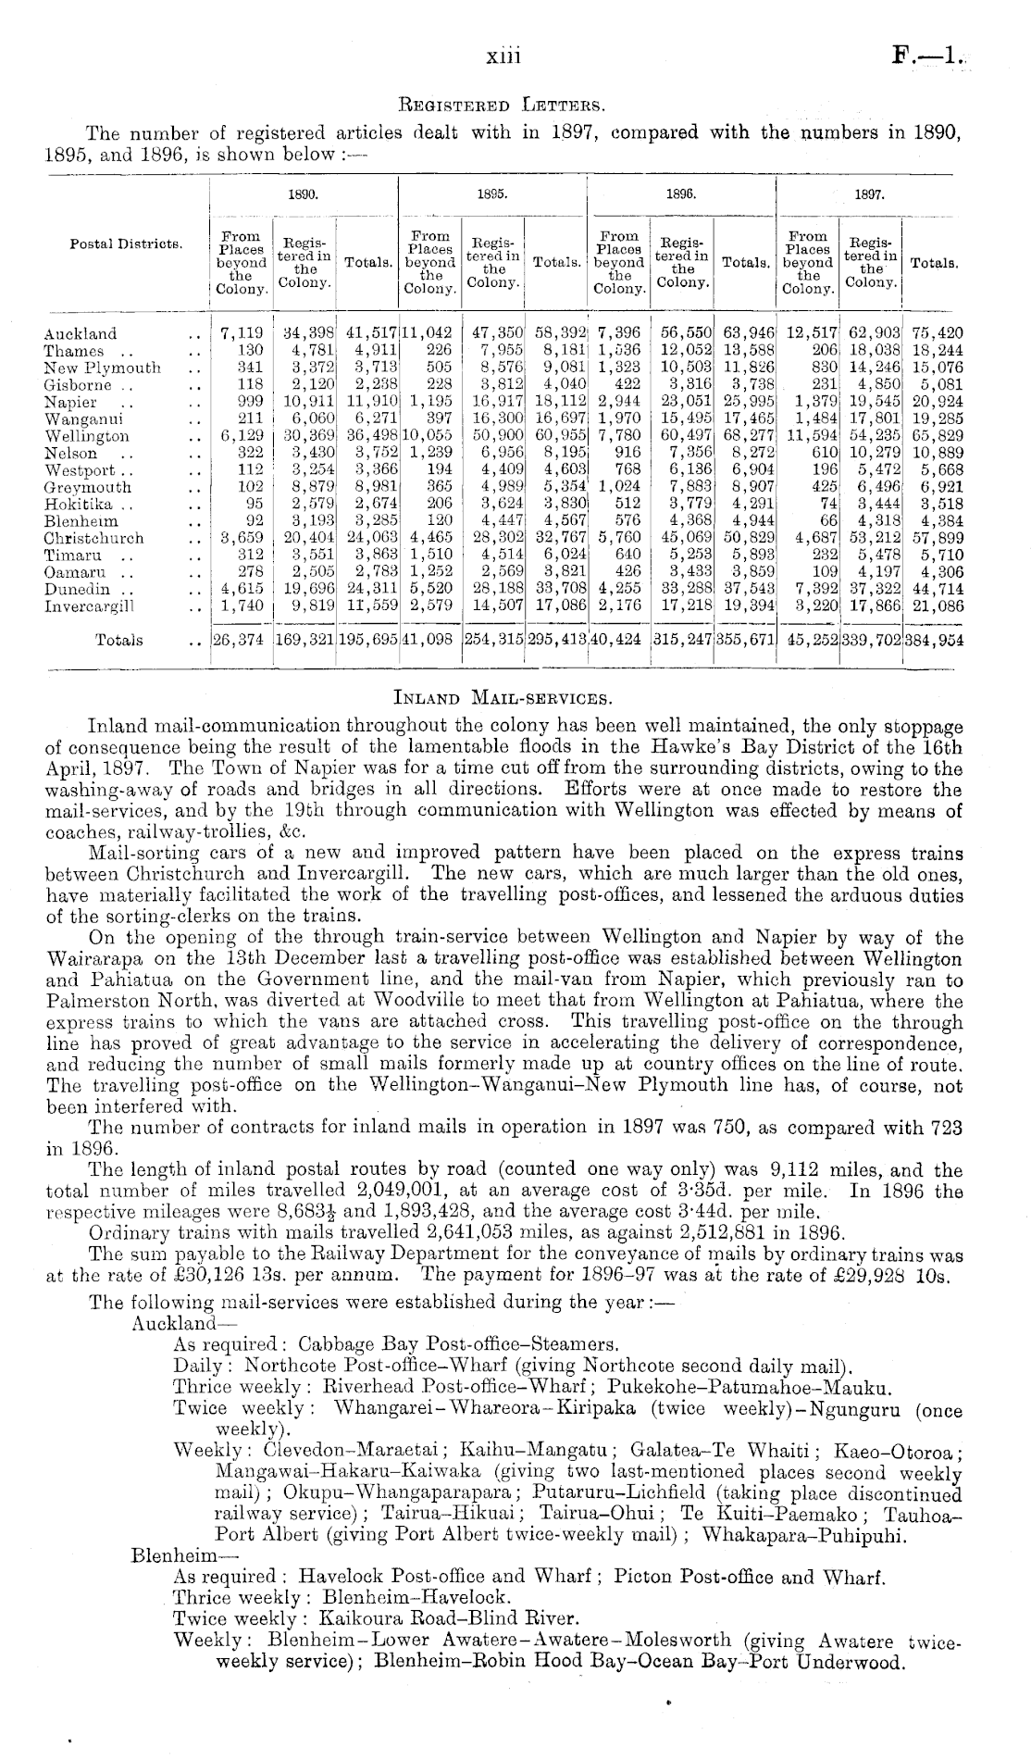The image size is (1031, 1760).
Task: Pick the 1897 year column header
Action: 870,196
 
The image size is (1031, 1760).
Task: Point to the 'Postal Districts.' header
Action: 126,244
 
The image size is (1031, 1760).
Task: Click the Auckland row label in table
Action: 81,334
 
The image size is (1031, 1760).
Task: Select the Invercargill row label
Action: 89,606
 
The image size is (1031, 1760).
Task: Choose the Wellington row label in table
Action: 86,436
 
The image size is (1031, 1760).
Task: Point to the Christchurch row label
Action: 93,538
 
